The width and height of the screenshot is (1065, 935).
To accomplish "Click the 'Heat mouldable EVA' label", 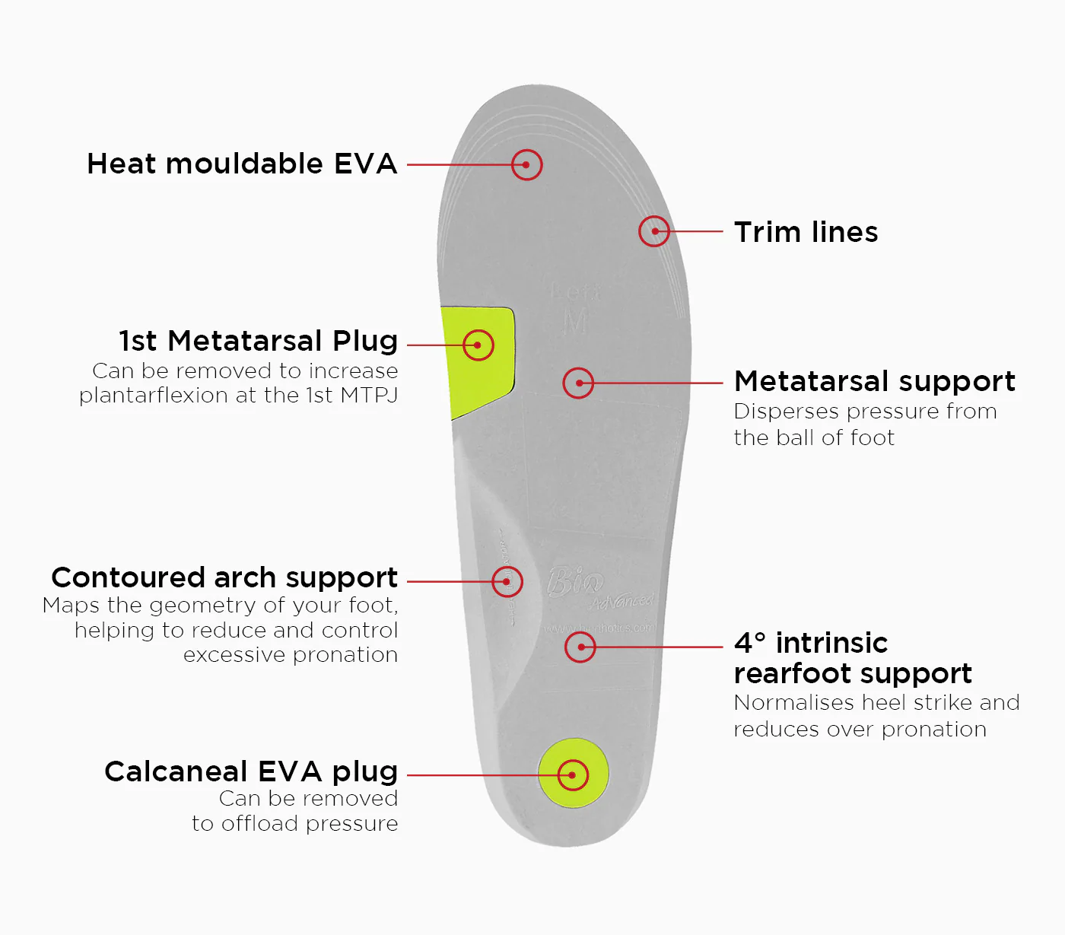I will [x=242, y=164].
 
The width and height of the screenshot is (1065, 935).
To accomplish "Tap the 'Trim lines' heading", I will [x=806, y=232].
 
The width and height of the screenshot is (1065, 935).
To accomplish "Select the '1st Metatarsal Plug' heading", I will [x=259, y=341].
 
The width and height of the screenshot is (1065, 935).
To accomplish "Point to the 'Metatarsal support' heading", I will [x=875, y=381].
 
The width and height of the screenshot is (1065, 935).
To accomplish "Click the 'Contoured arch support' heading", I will [x=224, y=577].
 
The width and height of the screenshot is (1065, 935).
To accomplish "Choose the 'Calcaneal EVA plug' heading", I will [x=251, y=771].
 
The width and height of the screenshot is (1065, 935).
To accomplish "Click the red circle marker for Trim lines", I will [x=654, y=231].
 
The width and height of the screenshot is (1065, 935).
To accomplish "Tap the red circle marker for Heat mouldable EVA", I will [x=526, y=164].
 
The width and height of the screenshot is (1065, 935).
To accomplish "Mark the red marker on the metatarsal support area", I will [x=578, y=383].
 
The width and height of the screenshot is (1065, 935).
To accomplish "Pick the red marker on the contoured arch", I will [x=507, y=581].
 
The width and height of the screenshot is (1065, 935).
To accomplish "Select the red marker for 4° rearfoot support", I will [x=580, y=647].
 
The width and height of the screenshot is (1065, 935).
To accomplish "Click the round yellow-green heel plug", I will [x=574, y=774].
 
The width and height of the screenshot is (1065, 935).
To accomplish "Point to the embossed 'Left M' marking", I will [x=576, y=308].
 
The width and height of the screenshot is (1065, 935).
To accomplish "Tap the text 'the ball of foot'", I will [x=814, y=438].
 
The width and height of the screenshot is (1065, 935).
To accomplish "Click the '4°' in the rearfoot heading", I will [x=750, y=643].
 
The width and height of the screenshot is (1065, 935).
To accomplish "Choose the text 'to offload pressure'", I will [x=295, y=824].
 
